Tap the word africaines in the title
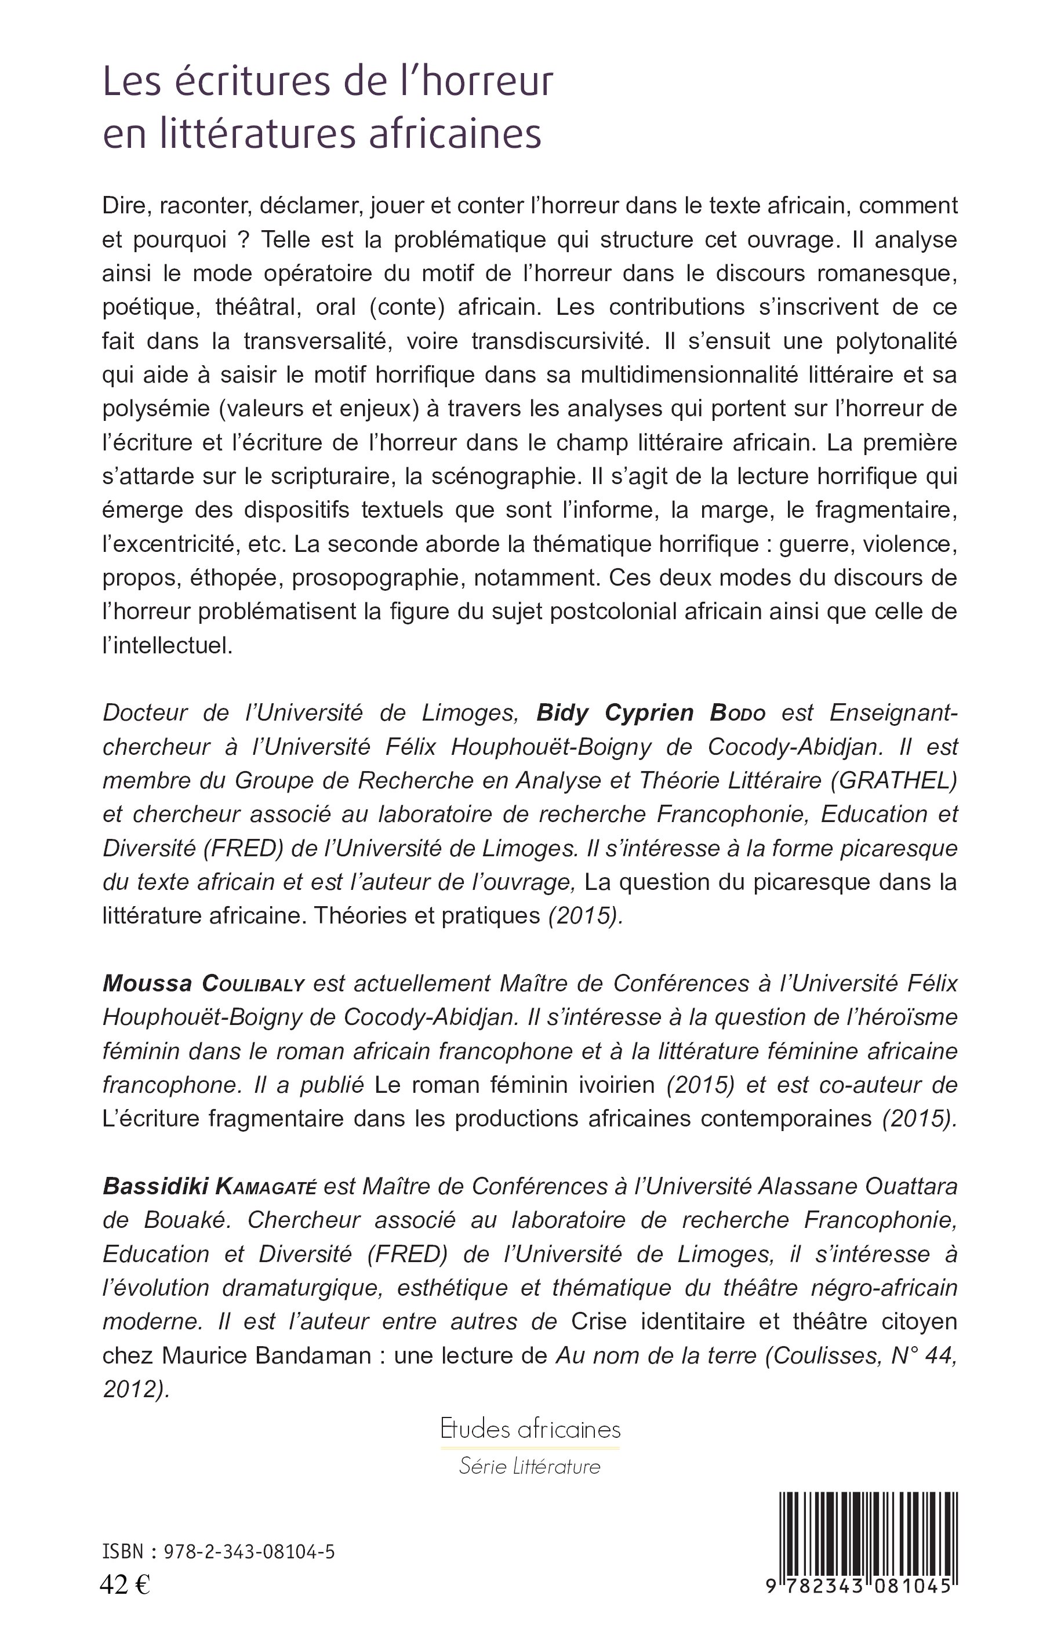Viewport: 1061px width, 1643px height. click(x=455, y=135)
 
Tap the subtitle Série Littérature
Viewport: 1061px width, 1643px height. click(x=530, y=1466)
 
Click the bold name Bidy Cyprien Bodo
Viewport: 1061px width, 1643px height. click(x=651, y=713)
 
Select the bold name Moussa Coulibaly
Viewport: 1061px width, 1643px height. click(x=204, y=984)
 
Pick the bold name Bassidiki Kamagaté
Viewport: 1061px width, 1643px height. click(x=209, y=1186)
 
